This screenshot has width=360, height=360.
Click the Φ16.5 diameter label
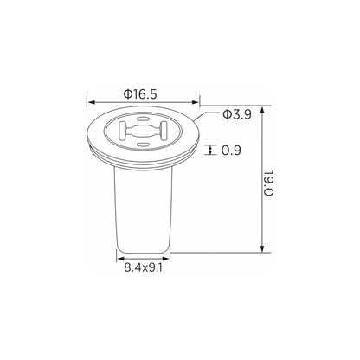(x=140, y=93)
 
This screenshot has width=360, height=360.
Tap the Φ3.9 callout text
(x=237, y=114)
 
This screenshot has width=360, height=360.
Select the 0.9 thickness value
(x=231, y=150)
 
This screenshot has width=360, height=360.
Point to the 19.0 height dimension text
(x=268, y=183)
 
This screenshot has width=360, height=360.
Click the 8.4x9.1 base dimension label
(x=144, y=268)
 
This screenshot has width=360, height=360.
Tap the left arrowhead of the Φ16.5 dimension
(x=91, y=102)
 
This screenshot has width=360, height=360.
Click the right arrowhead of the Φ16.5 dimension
(x=196, y=102)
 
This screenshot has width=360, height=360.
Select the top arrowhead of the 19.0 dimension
(x=262, y=111)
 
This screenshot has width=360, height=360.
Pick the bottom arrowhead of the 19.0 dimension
(x=262, y=248)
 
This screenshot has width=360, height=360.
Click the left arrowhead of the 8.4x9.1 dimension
(x=120, y=259)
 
